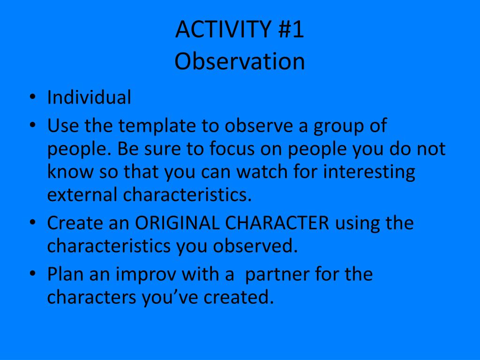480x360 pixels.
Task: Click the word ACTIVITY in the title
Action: click(x=223, y=29)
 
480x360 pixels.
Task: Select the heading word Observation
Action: click(x=240, y=61)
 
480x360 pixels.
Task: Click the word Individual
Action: click(x=89, y=97)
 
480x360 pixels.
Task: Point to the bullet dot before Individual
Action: click(x=33, y=97)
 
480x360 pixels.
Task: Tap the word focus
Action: click(x=232, y=149)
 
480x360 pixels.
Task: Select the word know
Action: click(x=70, y=172)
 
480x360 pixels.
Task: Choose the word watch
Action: click(x=262, y=172)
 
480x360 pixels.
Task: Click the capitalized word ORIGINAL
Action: click(x=177, y=223)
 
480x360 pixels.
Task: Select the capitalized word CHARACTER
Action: click(x=277, y=223)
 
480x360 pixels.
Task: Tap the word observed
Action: click(x=255, y=246)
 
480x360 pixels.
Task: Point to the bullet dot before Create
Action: click(x=33, y=223)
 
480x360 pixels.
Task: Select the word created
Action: click(x=239, y=297)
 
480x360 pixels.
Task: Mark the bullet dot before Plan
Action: click(x=33, y=274)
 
